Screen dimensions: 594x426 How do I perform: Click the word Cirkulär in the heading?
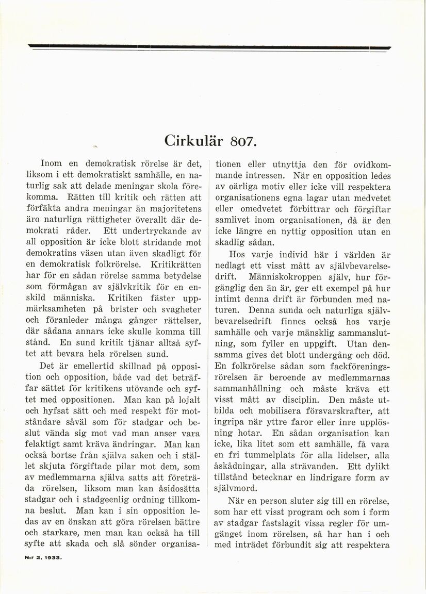194,140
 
